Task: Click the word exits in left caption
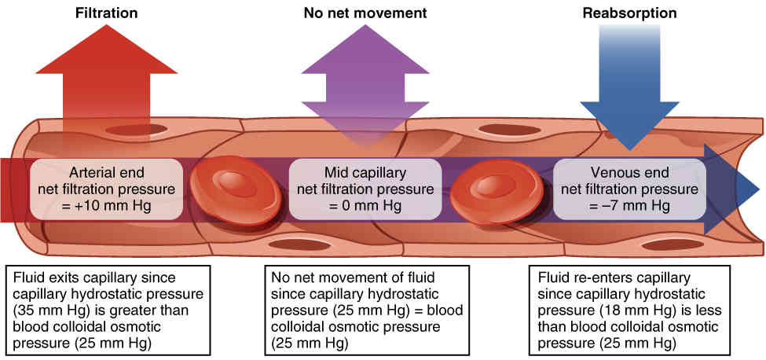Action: click(x=60, y=277)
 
